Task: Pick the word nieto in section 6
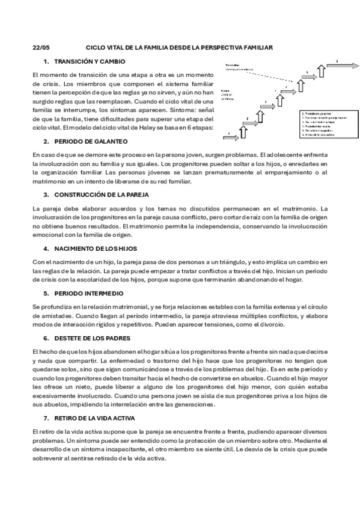pos(96,387)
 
